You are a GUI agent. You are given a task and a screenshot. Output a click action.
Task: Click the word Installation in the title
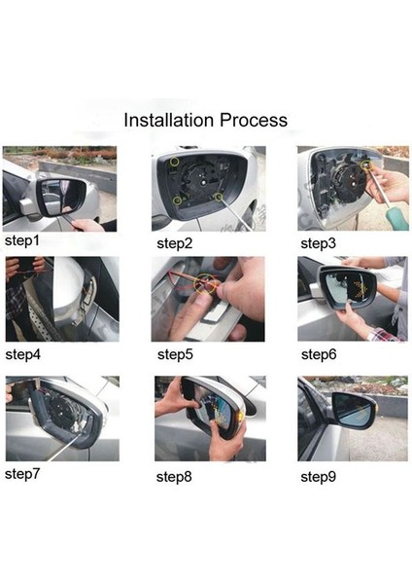(171, 121)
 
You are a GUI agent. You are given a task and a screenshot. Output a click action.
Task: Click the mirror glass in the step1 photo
(64, 196)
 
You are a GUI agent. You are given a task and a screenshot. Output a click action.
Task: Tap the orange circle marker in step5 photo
(205, 285)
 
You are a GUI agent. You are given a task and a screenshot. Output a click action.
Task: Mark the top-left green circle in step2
(175, 161)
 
